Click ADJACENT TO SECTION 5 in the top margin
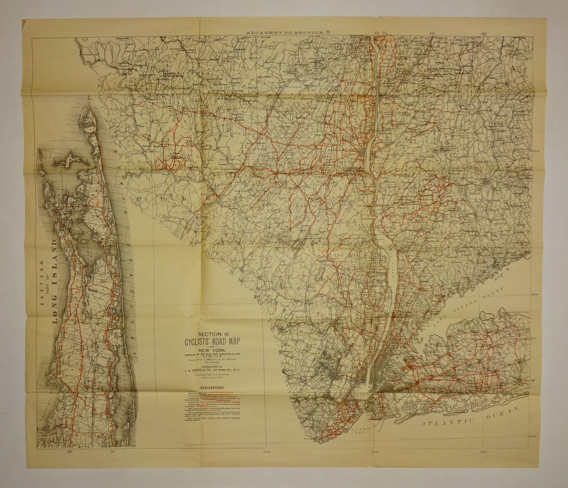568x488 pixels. [288, 32]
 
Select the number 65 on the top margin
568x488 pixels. [433, 33]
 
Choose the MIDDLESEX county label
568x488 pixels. [312, 419]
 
